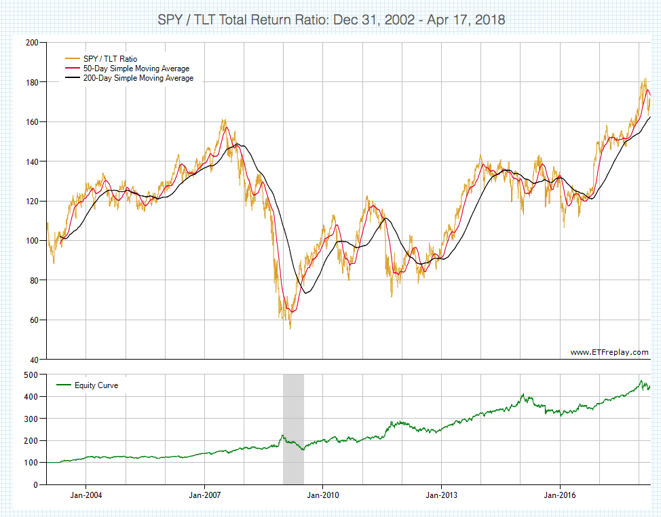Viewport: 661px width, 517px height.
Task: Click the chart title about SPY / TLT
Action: pyautogui.click(x=330, y=19)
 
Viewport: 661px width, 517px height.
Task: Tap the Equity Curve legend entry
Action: pyautogui.click(x=96, y=385)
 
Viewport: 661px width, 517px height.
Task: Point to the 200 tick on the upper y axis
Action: pyautogui.click(x=32, y=43)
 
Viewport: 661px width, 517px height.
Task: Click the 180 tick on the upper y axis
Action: pyautogui.click(x=32, y=82)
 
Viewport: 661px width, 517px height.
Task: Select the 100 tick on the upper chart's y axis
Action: pyautogui.click(x=32, y=241)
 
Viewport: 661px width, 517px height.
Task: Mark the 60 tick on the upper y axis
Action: pyautogui.click(x=34, y=320)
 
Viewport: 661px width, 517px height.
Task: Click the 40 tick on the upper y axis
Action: pyautogui.click(x=34, y=360)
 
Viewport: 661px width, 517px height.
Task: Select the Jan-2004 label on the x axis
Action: pyautogui.click(x=86, y=495)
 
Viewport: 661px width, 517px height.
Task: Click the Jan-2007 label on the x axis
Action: pyautogui.click(x=204, y=495)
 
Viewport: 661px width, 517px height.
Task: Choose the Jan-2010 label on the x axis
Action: pyautogui.click(x=323, y=495)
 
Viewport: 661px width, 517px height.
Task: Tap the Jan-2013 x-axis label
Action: pyautogui.click(x=441, y=495)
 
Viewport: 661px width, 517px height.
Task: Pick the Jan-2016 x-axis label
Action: pyautogui.click(x=560, y=495)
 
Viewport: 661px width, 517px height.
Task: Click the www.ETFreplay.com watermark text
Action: pyautogui.click(x=609, y=352)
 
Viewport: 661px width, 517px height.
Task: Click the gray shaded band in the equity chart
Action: pyautogui.click(x=293, y=429)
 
